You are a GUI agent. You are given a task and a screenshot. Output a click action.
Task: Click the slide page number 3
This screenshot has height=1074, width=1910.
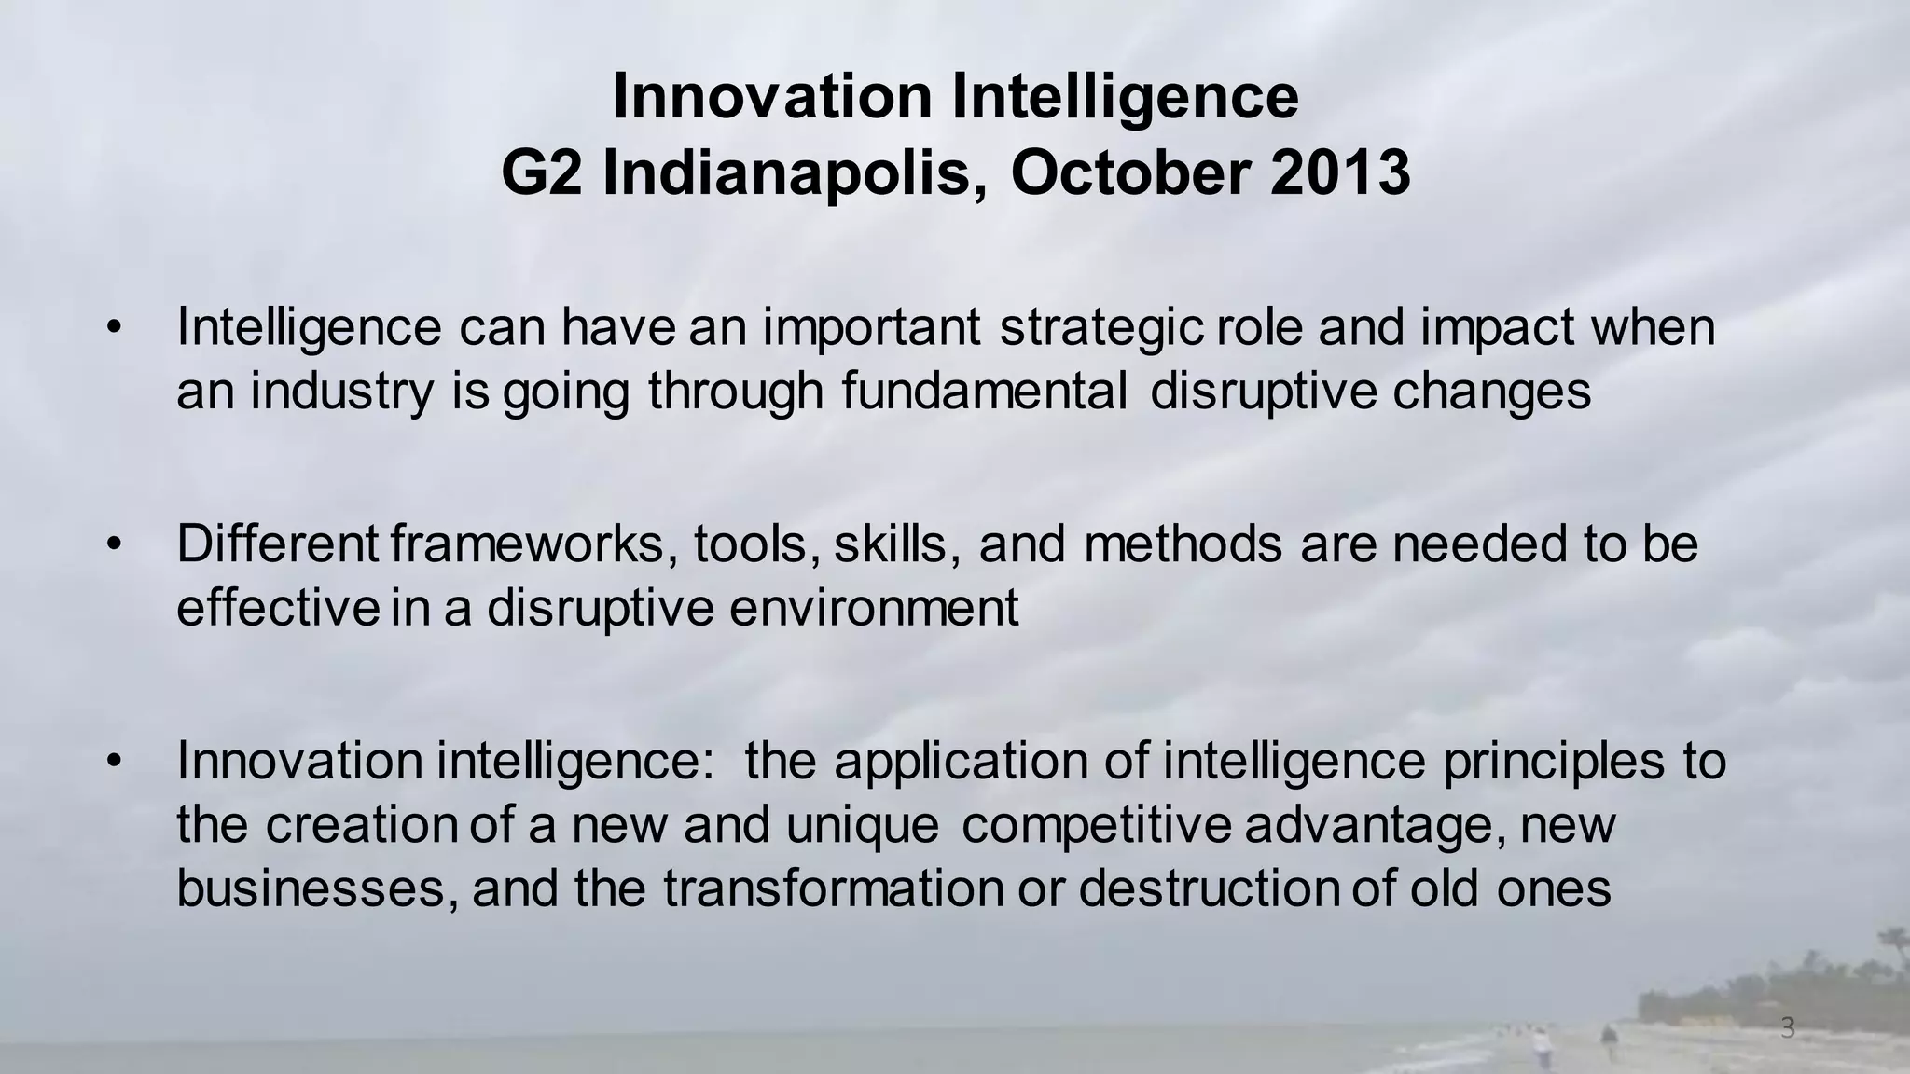1787,1028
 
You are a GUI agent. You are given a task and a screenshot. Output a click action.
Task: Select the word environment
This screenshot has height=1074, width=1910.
874,608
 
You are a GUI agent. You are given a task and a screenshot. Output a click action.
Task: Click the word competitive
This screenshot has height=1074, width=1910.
1096,826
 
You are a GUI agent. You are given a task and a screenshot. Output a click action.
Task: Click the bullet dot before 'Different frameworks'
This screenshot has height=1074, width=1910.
114,544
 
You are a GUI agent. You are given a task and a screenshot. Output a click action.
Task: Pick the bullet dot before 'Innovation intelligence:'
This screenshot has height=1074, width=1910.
114,762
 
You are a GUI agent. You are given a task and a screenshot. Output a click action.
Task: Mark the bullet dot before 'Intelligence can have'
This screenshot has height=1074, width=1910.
114,327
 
